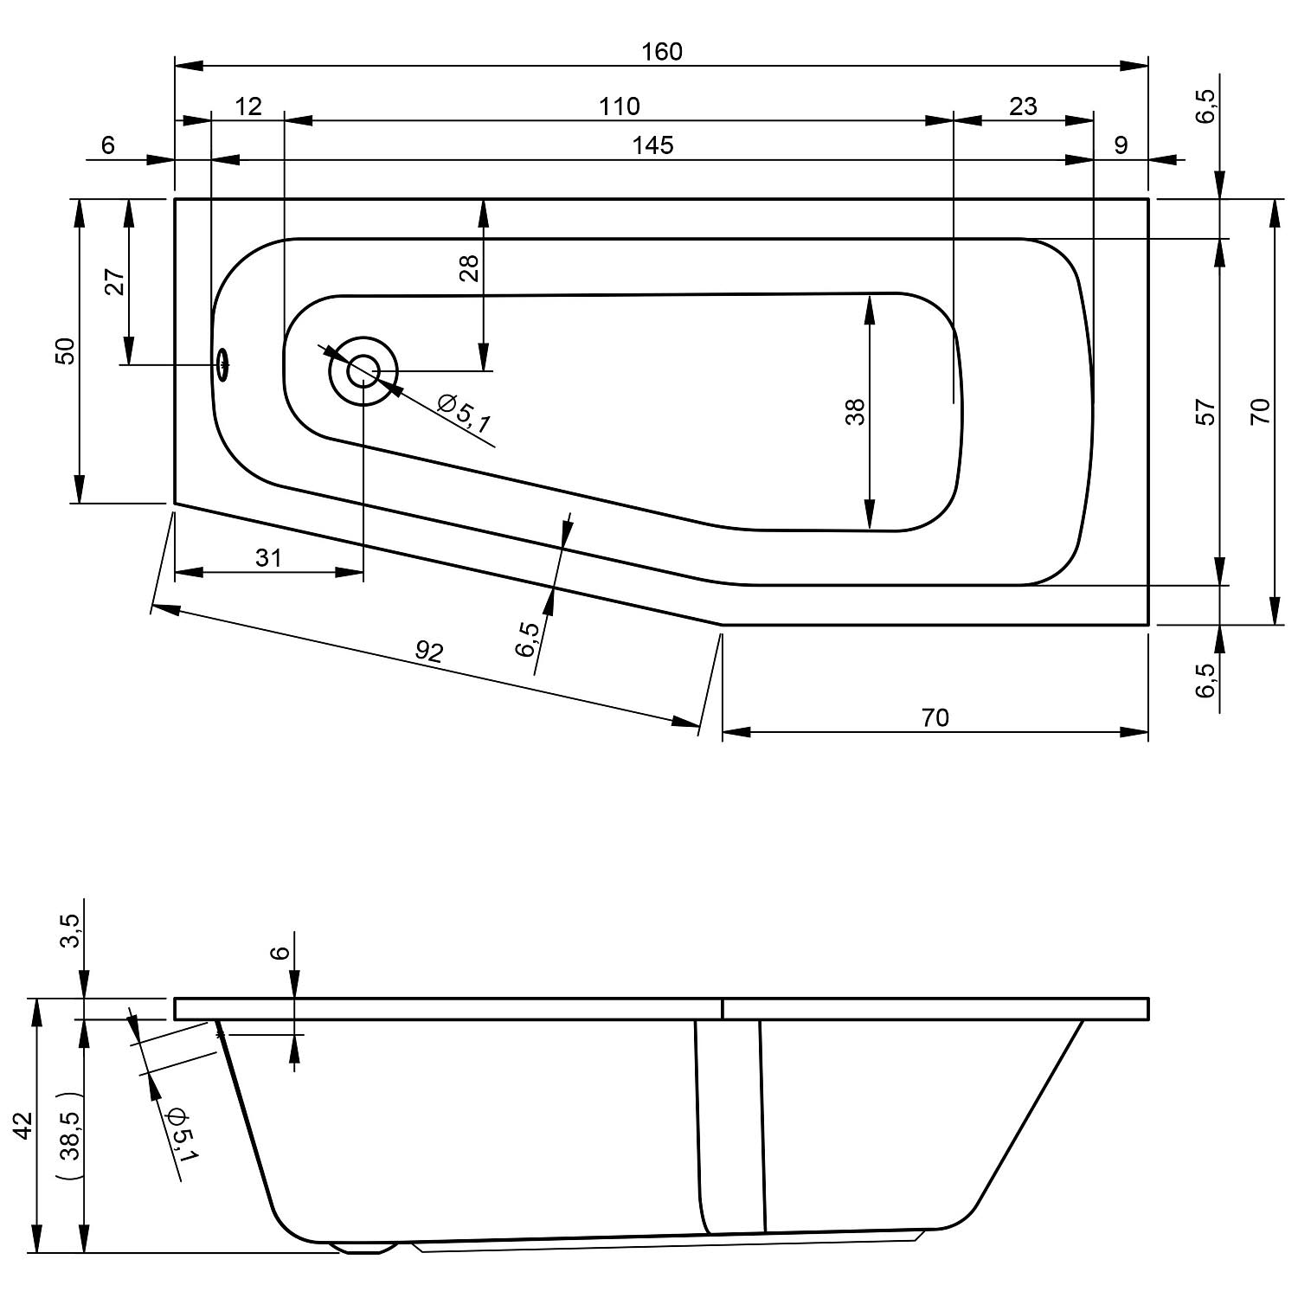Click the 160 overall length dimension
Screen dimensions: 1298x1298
click(x=662, y=52)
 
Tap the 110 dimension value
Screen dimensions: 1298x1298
click(x=620, y=106)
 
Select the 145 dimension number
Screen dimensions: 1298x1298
click(x=652, y=145)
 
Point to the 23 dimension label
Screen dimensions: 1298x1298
click(x=1023, y=106)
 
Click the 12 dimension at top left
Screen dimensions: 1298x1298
click(x=247, y=106)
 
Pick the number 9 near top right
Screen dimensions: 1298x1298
click(x=1121, y=145)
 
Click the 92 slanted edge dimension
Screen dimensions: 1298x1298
click(x=428, y=651)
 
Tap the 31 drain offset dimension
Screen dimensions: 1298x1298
click(x=268, y=558)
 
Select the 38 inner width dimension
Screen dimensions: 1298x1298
click(x=854, y=412)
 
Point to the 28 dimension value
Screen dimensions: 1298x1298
click(x=469, y=269)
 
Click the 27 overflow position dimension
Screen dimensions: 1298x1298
click(x=115, y=282)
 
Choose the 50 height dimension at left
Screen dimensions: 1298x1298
click(x=66, y=350)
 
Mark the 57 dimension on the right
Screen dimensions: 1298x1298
click(x=1205, y=412)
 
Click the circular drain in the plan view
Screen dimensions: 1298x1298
click(x=363, y=371)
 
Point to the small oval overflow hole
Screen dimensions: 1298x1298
click(x=223, y=364)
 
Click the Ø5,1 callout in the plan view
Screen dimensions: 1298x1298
click(x=464, y=414)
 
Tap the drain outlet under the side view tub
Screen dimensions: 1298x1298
click(x=362, y=1248)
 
